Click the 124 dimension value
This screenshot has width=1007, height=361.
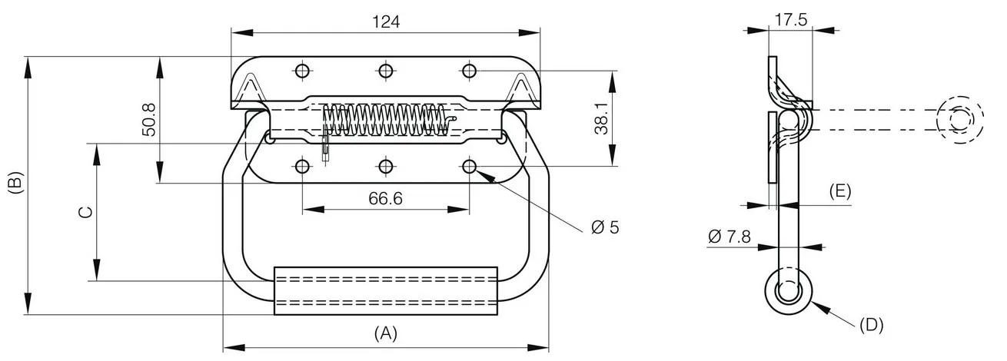coord(386,22)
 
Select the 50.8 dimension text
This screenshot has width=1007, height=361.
coord(148,120)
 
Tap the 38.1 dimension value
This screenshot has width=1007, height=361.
coord(601,118)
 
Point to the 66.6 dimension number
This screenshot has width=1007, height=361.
coord(385,198)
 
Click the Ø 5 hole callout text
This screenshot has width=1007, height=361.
coord(605,227)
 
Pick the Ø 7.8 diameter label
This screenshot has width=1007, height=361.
coord(729,236)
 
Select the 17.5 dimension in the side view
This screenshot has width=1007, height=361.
coord(791,20)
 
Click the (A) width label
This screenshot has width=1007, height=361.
coord(386,333)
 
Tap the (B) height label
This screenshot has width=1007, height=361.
coord(15,182)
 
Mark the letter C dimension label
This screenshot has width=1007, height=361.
coord(85,212)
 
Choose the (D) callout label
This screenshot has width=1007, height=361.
coord(871,325)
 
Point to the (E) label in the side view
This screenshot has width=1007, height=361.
coord(840,191)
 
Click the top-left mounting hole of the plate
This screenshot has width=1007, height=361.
coord(302,71)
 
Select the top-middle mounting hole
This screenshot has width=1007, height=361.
coord(386,71)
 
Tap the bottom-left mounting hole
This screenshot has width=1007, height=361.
coord(302,167)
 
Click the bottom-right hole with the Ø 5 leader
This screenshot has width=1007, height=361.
coord(470,167)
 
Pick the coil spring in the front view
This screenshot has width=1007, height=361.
coord(387,119)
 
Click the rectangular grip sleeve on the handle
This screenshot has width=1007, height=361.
coord(386,291)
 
